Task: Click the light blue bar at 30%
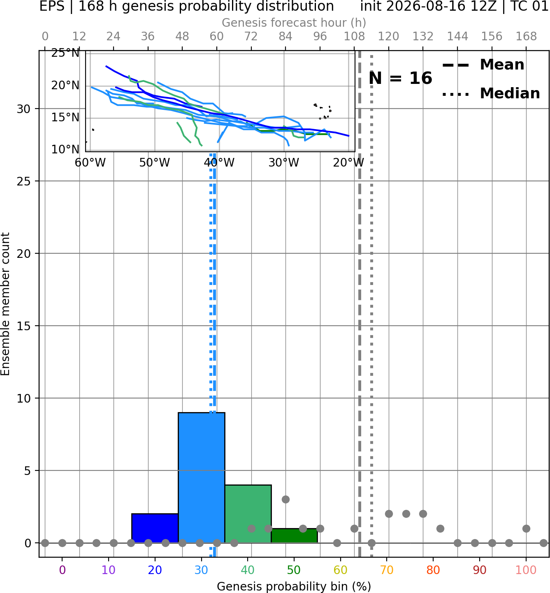tap(201, 477)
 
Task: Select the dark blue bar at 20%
tap(155, 528)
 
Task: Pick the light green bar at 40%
tap(248, 514)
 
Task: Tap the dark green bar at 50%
tap(294, 535)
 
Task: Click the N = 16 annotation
tap(400, 78)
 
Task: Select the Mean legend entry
tap(483, 65)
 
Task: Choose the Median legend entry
tap(491, 93)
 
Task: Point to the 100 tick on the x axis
tap(526, 570)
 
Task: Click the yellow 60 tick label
tap(340, 570)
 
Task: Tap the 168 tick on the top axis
tap(526, 37)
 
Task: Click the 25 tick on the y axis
tap(24, 181)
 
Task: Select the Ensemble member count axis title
tap(5, 304)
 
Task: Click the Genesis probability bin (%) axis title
tap(294, 586)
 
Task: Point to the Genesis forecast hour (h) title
tap(294, 23)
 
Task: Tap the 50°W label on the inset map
tap(154, 163)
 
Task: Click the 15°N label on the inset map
tap(65, 118)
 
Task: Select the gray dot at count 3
tap(285, 499)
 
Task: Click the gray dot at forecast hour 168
tap(526, 528)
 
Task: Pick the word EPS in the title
tap(52, 6)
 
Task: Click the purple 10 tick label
tap(109, 570)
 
